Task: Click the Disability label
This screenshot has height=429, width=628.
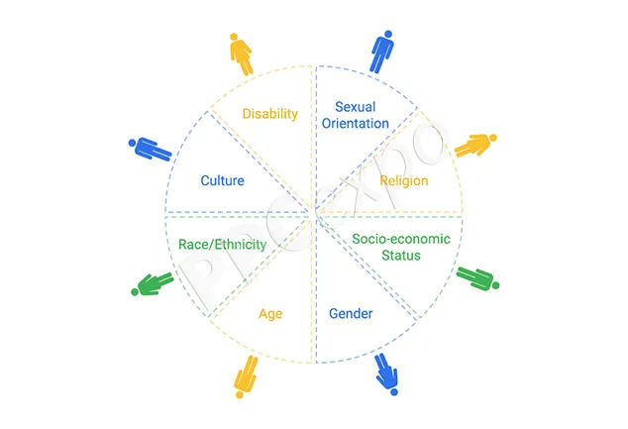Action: point(270,114)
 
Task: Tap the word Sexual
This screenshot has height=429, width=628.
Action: point(356,107)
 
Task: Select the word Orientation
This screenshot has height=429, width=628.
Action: point(356,124)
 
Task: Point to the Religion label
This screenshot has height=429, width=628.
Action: point(404,181)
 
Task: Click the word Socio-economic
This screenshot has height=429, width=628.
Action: point(401,239)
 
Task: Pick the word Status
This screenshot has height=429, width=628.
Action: point(401,256)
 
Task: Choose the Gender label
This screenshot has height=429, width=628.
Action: point(351,313)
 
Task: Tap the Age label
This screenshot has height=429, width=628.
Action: point(270,314)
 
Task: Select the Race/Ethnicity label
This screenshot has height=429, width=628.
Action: point(222,245)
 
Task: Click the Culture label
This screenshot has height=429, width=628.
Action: point(222,180)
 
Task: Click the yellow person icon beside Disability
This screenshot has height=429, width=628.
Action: point(242,54)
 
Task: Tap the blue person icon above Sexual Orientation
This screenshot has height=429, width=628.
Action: point(381,53)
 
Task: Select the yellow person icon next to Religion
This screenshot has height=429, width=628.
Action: point(475,145)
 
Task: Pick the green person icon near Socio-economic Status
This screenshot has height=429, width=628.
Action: point(477,278)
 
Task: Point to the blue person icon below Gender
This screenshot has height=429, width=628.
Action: point(387,375)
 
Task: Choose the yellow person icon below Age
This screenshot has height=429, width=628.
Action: point(246,376)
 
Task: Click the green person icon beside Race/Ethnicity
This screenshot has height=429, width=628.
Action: point(153,284)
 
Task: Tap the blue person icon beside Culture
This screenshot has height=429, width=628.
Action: point(150,149)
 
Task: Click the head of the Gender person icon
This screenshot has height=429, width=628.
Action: point(394,391)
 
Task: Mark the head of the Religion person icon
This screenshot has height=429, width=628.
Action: point(493,138)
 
